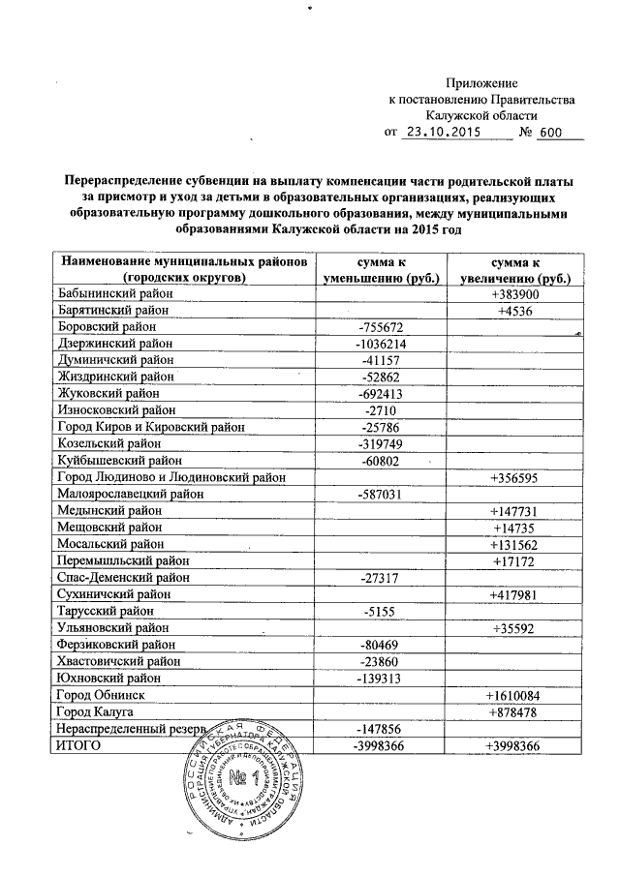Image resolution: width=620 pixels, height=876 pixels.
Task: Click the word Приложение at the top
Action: point(481,84)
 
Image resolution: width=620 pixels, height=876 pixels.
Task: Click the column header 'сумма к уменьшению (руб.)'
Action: point(380,270)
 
